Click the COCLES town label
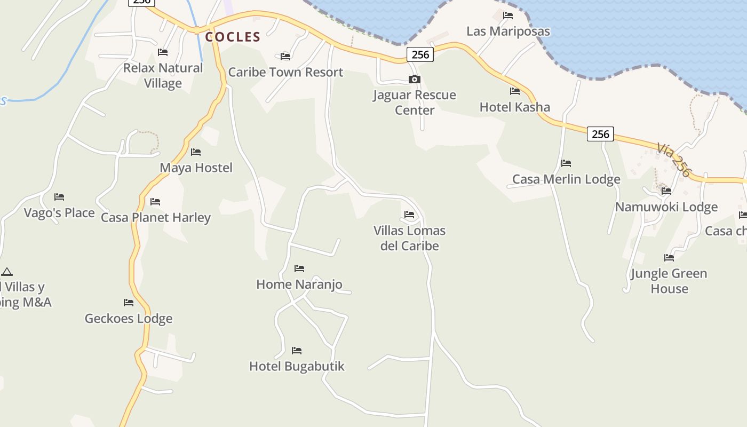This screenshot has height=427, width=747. pyautogui.click(x=233, y=37)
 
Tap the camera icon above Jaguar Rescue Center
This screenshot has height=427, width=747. pyautogui.click(x=414, y=80)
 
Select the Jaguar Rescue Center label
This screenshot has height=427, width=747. pyautogui.click(x=415, y=102)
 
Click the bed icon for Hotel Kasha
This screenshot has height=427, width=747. pyautogui.click(x=514, y=91)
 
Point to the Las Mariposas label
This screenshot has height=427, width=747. pyautogui.click(x=508, y=31)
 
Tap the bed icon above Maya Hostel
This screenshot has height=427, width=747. pyautogui.click(x=196, y=152)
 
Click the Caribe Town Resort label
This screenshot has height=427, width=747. pyautogui.click(x=285, y=72)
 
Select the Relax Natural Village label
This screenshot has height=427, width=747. pyautogui.click(x=163, y=75)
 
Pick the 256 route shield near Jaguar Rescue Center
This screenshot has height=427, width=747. pyautogui.click(x=420, y=54)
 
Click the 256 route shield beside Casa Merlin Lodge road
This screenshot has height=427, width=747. pyautogui.click(x=600, y=134)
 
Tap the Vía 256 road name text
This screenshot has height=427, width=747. pyautogui.click(x=673, y=159)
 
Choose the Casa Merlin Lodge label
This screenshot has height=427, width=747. pyautogui.click(x=566, y=179)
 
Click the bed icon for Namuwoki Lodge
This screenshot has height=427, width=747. pyautogui.click(x=666, y=191)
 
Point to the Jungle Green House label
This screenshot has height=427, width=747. pyautogui.click(x=669, y=281)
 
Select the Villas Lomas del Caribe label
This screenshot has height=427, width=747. pyautogui.click(x=409, y=238)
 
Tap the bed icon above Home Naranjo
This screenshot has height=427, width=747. pyautogui.click(x=299, y=268)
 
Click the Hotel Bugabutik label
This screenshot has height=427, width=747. pyautogui.click(x=297, y=366)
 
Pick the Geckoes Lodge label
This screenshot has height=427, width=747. pyautogui.click(x=129, y=319)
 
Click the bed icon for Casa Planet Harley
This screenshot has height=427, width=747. pyautogui.click(x=155, y=202)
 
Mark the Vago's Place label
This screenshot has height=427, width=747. pyautogui.click(x=59, y=213)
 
